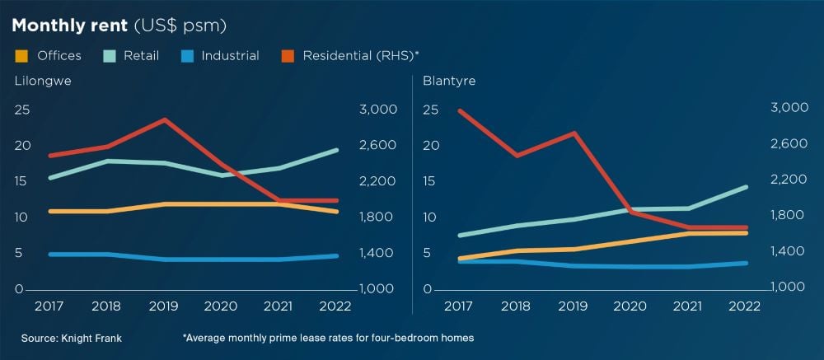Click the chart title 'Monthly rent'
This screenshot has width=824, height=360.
[69, 26]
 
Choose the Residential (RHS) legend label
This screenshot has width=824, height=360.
[361, 56]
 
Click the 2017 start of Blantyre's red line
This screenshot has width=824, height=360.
[459, 110]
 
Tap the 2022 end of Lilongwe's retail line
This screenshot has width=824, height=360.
[337, 150]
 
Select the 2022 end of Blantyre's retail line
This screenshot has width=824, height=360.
[747, 187]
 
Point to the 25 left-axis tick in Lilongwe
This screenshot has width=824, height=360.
[22, 109]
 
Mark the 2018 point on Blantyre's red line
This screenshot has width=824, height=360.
[516, 155]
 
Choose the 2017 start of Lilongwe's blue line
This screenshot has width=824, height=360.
[50, 255]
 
